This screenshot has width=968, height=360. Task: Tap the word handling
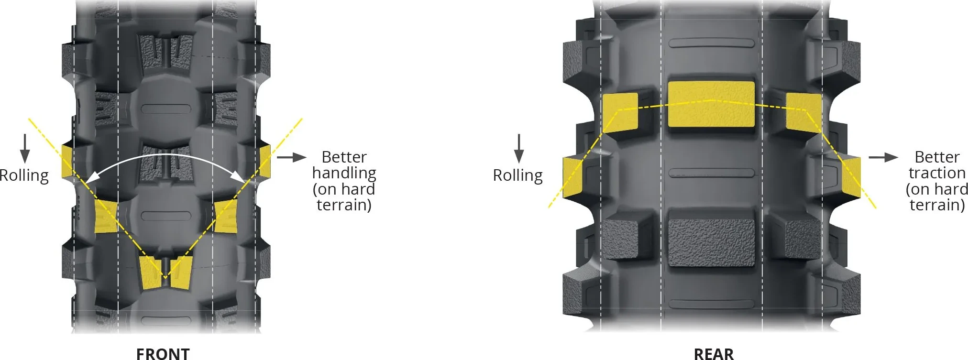click(x=344, y=173)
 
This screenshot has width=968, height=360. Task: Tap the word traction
click(x=937, y=173)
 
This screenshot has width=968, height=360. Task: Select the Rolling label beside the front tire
click(x=24, y=175)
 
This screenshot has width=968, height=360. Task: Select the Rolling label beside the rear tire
click(x=518, y=175)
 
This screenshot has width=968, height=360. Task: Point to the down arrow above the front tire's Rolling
click(x=25, y=148)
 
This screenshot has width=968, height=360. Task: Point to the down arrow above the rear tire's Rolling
click(x=519, y=148)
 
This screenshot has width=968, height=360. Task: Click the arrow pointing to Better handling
click(x=291, y=157)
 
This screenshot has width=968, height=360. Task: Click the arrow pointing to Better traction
click(x=883, y=157)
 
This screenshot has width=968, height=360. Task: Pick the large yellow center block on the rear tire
click(x=711, y=104)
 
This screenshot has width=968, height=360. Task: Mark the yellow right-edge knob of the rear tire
click(x=851, y=177)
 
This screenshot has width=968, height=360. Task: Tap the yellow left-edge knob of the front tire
click(x=67, y=162)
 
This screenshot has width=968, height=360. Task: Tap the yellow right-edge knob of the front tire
click(x=265, y=162)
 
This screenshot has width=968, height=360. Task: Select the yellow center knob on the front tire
click(x=165, y=273)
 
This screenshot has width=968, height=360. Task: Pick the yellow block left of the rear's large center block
click(x=620, y=113)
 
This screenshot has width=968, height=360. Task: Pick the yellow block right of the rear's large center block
click(x=803, y=113)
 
